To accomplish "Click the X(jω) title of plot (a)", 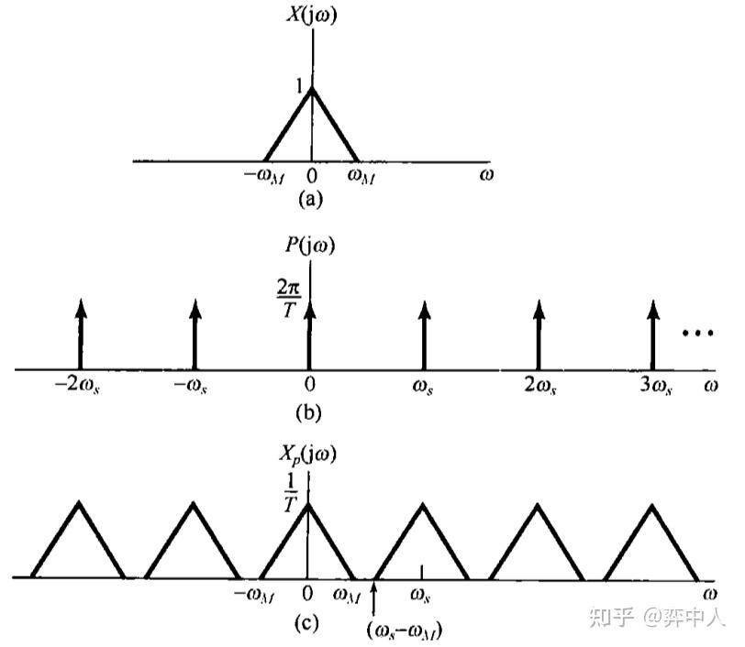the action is coord(315,15).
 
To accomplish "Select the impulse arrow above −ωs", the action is coord(195,334).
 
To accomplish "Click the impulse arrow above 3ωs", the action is coord(652,334).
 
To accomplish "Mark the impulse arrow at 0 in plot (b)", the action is coord(311,334).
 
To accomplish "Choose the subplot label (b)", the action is coord(309,411).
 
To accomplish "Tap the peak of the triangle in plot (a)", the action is coord(312,89).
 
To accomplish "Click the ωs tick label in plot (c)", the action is coord(421,596).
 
